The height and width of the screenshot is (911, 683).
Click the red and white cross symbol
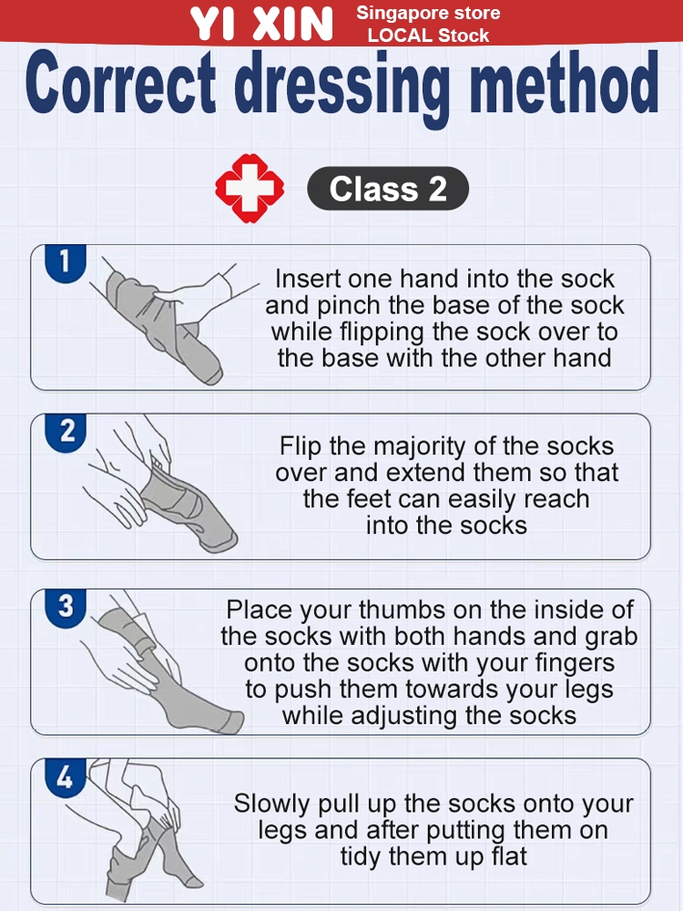250,189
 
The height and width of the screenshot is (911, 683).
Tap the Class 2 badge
387,189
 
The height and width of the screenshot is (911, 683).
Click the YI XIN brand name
261,24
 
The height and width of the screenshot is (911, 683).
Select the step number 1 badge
66,262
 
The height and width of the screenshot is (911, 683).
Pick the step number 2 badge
66,432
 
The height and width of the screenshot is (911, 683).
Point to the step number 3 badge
66,607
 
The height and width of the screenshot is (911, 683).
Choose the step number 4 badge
66,777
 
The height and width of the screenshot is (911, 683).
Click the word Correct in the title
120,83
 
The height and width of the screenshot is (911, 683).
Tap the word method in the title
565,83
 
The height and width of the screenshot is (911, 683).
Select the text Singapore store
428,13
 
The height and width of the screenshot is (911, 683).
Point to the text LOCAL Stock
428,36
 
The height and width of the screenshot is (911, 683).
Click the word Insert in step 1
307,279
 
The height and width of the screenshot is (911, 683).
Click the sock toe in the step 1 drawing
210,373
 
